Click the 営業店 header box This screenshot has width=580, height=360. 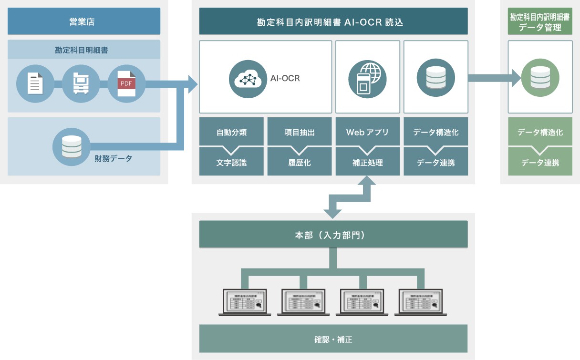[84, 21]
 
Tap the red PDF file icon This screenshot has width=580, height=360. [126, 84]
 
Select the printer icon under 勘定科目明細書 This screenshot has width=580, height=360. [80, 84]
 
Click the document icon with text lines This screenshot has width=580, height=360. [34, 84]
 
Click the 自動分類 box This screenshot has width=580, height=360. [231, 133]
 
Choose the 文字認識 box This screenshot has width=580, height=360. [231, 163]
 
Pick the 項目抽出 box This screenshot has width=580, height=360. [300, 133]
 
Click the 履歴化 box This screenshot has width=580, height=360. [300, 163]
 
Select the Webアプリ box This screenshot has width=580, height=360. [367, 133]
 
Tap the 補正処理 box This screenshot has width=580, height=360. [367, 163]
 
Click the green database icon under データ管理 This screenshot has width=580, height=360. [540, 77]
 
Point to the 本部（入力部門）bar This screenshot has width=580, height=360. [333, 234]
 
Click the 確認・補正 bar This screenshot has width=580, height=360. [333, 339]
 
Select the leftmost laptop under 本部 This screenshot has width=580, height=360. [245, 302]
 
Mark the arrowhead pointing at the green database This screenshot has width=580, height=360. [515, 77]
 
